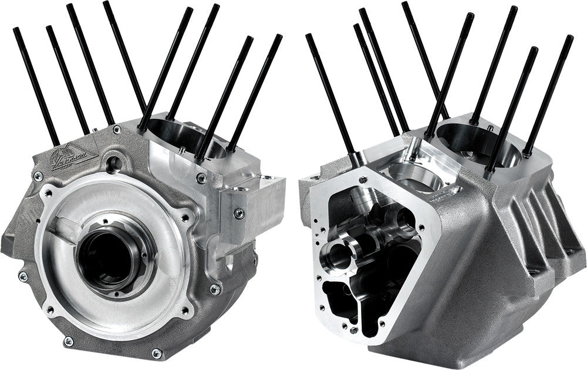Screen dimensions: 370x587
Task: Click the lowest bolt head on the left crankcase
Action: pos(156,353)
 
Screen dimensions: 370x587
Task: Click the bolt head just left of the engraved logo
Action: pos(38,176)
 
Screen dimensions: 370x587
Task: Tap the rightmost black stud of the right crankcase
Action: pos(549,94)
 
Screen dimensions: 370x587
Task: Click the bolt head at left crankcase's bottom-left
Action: pos(68,340)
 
